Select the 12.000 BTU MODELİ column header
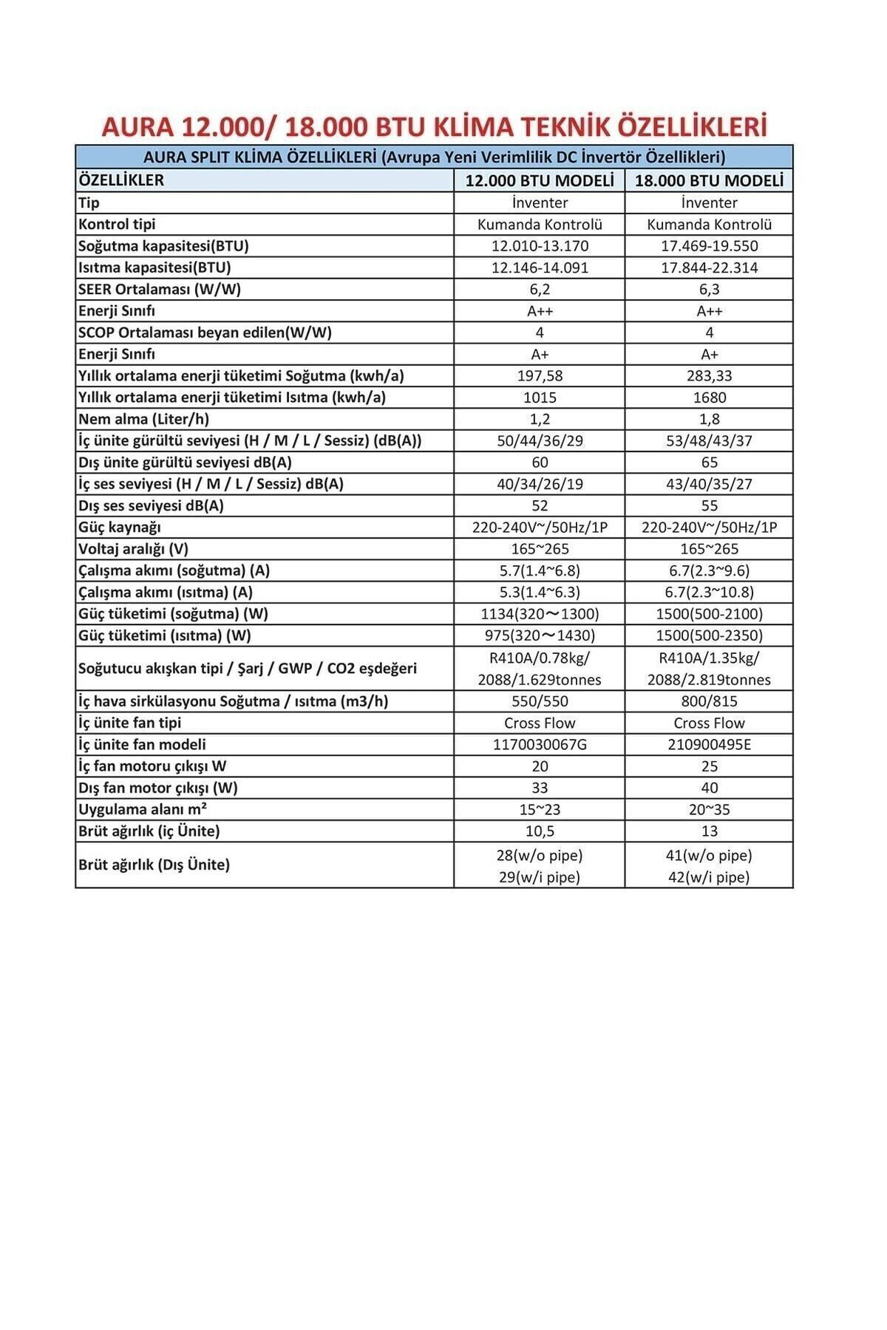tap(540, 181)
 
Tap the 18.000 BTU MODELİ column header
tap(709, 181)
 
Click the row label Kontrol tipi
tap(117, 224)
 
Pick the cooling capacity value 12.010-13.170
tap(540, 246)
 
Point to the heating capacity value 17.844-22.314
tap(709, 267)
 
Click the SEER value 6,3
tap(709, 289)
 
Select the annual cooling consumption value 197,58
tap(540, 375)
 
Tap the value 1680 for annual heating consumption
tap(709, 398)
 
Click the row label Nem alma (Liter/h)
tap(143, 419)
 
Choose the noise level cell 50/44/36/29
tap(540, 440)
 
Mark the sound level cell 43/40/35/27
tap(709, 484)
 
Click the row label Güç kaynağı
tap(119, 527)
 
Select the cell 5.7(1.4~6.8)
tap(540, 570)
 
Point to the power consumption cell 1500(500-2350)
tap(709, 635)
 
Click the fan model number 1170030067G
tap(540, 744)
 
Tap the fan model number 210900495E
tap(709, 744)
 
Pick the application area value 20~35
tap(709, 809)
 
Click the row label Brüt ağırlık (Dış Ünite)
tap(154, 864)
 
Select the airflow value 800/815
tap(709, 701)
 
